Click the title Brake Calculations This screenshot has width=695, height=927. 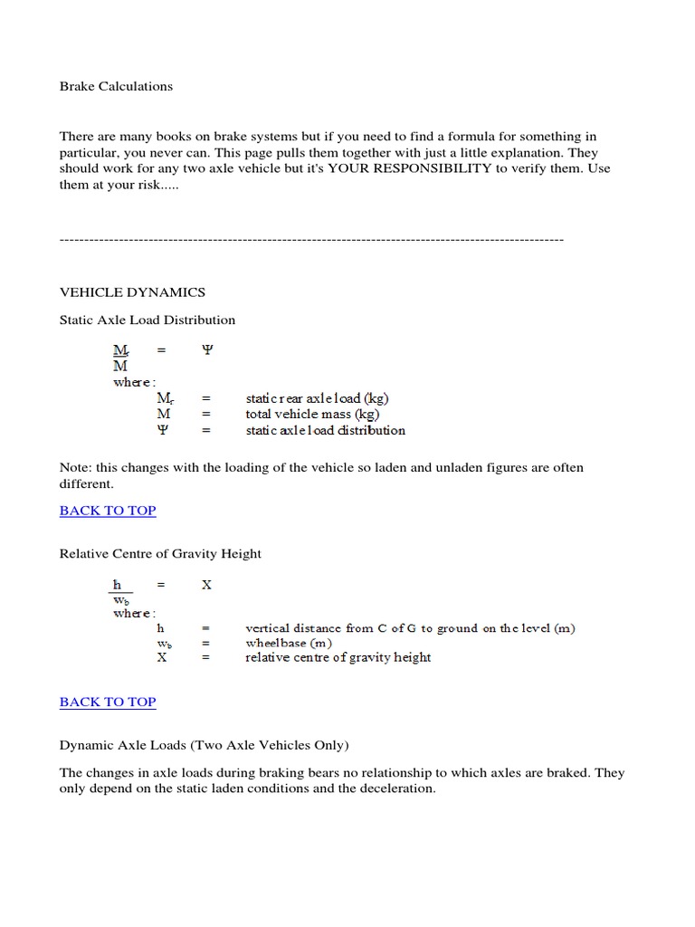coord(116,86)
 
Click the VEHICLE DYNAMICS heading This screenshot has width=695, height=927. coord(132,292)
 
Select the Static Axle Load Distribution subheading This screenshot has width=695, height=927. coord(147,320)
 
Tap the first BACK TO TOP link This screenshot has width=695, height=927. coord(108,511)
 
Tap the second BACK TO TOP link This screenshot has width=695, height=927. coord(108,702)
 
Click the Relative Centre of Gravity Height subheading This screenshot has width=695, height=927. coord(160,554)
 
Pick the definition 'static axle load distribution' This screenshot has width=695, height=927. coord(325,430)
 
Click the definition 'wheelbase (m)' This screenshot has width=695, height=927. coord(289,643)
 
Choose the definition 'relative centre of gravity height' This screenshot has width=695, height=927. coord(338,657)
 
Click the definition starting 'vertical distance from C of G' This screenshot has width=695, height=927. coord(410,627)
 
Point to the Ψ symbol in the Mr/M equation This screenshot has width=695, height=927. coord(206,349)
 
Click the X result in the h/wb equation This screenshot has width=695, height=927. coord(206,585)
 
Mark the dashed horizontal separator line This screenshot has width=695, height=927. coord(311,239)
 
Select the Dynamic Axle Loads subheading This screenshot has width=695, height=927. coord(204,745)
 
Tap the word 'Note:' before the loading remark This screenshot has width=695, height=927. coord(77,468)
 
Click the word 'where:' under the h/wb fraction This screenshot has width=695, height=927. coord(134,613)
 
